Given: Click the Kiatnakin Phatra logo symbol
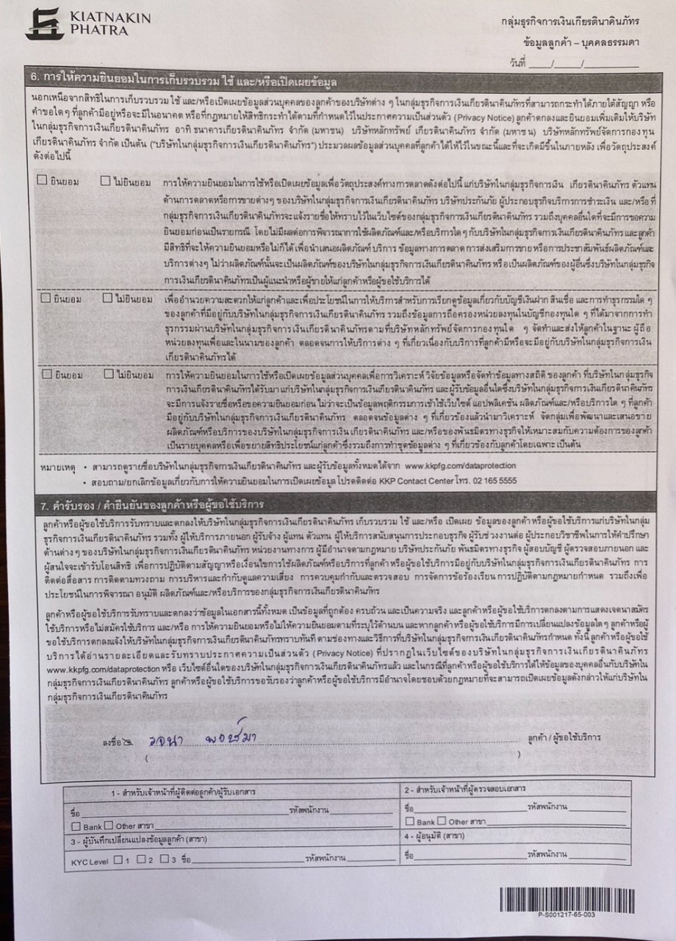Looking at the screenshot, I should [44, 24].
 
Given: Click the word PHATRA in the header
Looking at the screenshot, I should [98, 31].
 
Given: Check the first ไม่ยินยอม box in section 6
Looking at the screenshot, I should [107, 180].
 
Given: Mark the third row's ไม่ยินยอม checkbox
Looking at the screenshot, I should [108, 373].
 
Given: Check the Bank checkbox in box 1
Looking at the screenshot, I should [76, 826].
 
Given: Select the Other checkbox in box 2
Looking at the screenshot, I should [442, 820].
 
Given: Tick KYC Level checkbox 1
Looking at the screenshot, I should [118, 859].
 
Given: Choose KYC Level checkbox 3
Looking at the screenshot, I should [164, 859].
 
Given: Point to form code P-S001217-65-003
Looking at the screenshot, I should [567, 915].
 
